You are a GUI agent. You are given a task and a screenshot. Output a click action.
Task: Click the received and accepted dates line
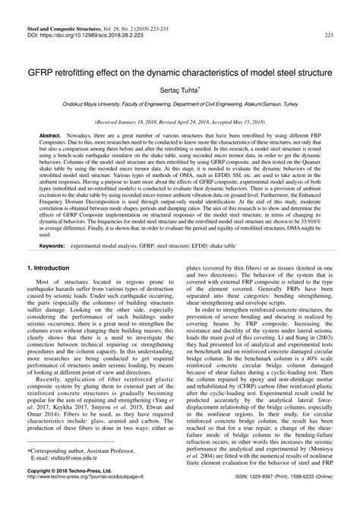point(179,120)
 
